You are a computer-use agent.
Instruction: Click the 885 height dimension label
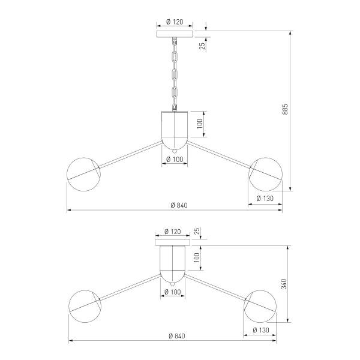point(284,109)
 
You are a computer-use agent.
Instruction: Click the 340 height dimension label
point(284,284)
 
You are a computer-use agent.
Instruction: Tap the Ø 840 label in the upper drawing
point(179,205)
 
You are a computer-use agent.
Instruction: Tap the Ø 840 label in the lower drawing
point(177,336)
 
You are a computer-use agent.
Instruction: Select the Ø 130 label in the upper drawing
point(265,199)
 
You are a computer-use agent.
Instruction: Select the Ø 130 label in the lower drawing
point(261,330)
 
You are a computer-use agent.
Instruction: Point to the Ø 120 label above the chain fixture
point(175,22)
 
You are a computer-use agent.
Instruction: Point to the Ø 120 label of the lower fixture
point(173,232)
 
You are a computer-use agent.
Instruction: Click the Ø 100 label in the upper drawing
point(175,160)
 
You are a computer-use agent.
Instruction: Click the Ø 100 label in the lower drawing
point(173,292)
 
